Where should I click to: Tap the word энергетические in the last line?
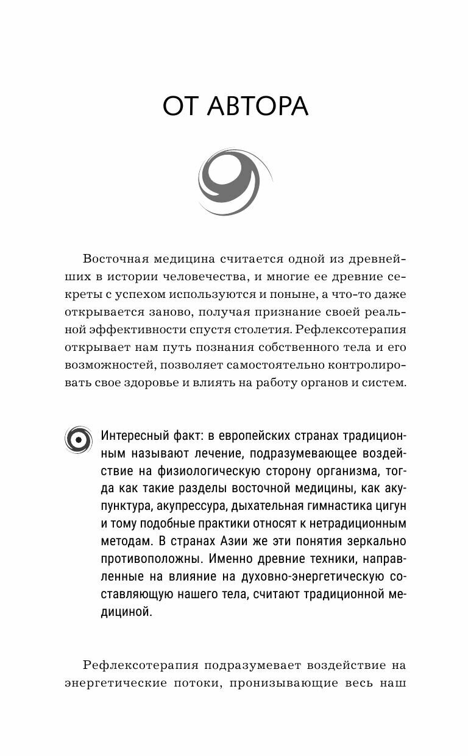pos(116,684)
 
